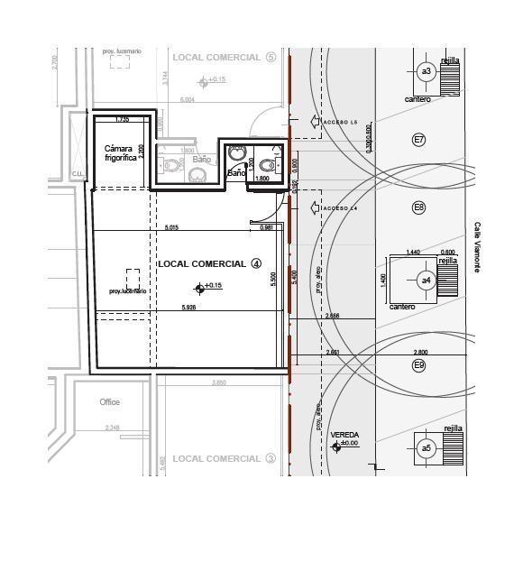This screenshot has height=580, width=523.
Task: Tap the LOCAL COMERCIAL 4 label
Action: point(209,263)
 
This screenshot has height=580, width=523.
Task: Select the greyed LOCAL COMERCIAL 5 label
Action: point(224,57)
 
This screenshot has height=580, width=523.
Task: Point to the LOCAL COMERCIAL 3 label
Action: point(224,458)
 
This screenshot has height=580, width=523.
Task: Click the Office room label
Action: point(109,402)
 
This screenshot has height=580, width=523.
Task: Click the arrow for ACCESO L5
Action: point(315,122)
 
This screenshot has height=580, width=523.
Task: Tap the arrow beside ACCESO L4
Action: point(315,208)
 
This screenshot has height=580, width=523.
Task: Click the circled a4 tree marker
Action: point(426,281)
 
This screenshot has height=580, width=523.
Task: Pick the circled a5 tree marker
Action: point(426,448)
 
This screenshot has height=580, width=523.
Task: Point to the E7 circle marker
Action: point(418,140)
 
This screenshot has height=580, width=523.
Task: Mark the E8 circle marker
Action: point(418,208)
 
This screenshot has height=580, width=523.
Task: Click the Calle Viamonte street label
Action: point(478,247)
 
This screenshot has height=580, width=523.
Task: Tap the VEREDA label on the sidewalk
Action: point(344,435)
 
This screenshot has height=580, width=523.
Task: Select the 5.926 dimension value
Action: point(188,308)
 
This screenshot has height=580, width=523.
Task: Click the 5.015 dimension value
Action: point(171,227)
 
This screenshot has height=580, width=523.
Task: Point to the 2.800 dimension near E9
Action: point(420,353)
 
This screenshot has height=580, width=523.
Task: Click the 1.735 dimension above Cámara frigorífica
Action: point(122,119)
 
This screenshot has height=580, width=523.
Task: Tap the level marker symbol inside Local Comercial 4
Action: point(199,289)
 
